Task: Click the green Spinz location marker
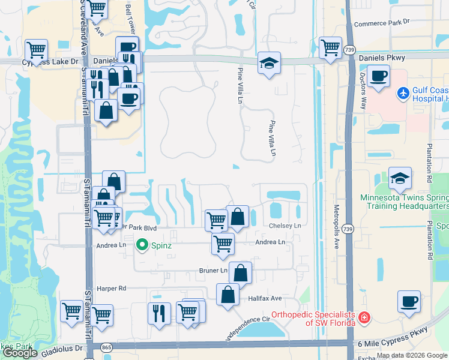point(142,245)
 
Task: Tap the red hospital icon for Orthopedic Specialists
point(363,317)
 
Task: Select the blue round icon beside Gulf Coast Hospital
point(403,94)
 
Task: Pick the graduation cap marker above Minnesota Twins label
point(400,178)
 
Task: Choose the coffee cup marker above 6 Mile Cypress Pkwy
point(409,301)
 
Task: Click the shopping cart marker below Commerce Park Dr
point(330,47)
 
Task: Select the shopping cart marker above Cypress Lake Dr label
point(37,50)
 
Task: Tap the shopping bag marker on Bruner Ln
point(240,272)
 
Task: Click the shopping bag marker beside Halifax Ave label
point(228,296)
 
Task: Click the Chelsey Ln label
point(285,226)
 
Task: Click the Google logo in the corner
point(20,353)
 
